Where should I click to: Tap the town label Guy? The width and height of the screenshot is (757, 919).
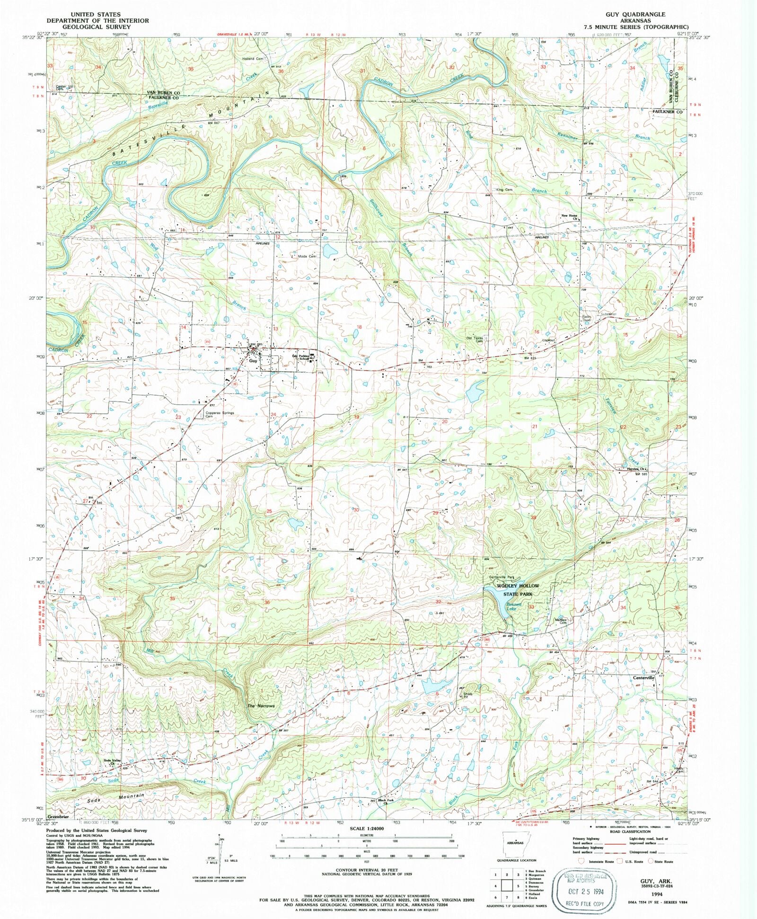pos(254,361)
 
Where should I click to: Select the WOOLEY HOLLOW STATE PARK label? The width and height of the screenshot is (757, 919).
pos(517,589)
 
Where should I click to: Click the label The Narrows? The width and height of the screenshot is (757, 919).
pos(261,706)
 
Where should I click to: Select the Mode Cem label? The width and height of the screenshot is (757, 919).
pos(307,256)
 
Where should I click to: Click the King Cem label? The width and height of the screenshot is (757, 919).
pos(504,190)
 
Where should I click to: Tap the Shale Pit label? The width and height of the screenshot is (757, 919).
pos(467,695)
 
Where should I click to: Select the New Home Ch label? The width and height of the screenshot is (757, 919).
pos(570,217)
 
